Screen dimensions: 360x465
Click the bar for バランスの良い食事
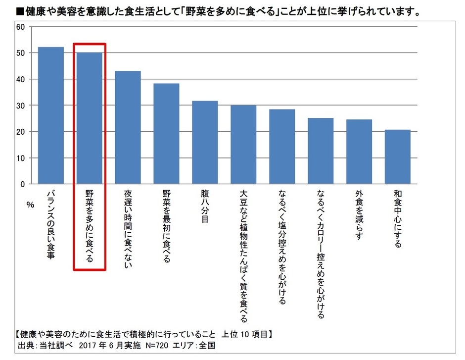point(51,115)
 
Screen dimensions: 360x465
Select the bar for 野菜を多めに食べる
point(90,118)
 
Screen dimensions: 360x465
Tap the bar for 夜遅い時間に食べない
point(128,127)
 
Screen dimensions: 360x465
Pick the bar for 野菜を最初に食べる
point(166,134)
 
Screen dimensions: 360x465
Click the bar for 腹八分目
point(204,143)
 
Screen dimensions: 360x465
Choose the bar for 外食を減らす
point(359,152)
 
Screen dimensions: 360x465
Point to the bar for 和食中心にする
point(397,156)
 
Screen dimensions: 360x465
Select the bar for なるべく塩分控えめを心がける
point(281,147)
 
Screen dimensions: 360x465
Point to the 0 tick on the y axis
point(22,184)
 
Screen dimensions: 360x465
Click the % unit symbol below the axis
point(29,204)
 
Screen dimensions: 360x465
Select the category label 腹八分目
point(204,207)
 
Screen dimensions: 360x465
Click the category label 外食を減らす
point(359,214)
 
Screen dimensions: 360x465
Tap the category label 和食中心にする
point(397,218)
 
